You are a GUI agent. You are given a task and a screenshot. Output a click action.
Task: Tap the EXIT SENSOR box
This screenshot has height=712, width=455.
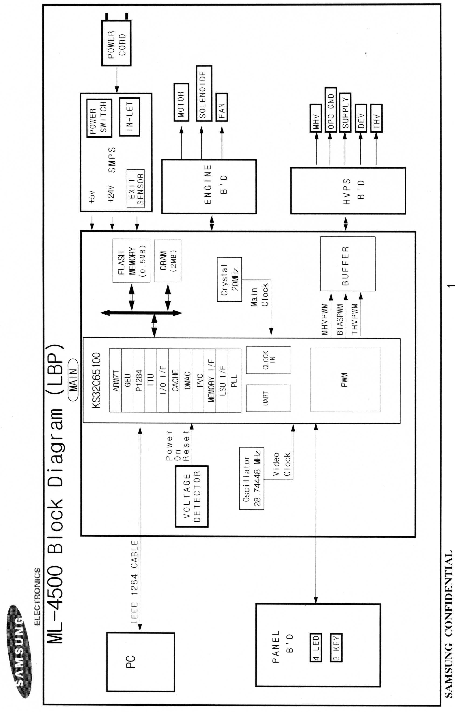tap(135, 189)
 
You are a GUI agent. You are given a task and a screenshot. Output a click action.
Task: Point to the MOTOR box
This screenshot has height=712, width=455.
tap(181, 102)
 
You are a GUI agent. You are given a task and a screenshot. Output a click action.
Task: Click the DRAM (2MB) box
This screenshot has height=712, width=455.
tap(168, 261)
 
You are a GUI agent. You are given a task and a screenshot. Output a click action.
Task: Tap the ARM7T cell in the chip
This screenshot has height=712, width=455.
tap(115, 380)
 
